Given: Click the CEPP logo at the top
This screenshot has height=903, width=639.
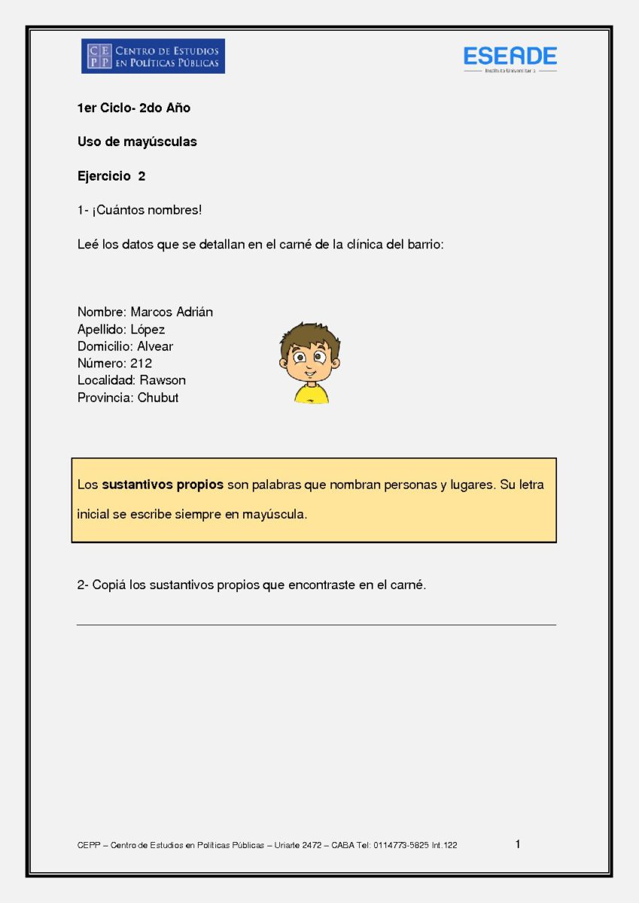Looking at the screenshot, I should (x=153, y=56).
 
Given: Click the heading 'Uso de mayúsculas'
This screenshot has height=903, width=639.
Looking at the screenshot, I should (x=137, y=141).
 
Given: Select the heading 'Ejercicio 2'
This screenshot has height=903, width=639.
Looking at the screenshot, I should (x=111, y=176).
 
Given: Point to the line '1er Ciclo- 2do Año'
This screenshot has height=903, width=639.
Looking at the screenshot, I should (x=134, y=108).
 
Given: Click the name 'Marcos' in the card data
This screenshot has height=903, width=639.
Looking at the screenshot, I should (x=151, y=312).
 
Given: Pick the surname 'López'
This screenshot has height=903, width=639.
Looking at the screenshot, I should (x=148, y=329).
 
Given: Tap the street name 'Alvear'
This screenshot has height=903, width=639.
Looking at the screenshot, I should (x=155, y=346).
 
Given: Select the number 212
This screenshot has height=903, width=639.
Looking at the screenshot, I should (x=141, y=363).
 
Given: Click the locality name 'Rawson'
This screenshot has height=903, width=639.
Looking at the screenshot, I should (x=163, y=380).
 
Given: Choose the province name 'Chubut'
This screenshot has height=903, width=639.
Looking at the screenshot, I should (x=158, y=397).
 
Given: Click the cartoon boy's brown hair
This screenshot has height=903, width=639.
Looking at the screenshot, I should (x=309, y=334).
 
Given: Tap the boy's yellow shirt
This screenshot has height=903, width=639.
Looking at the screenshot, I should (x=311, y=394).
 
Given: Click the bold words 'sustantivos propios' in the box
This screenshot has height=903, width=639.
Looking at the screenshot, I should (x=163, y=485).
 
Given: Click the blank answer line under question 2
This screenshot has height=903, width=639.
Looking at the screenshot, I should (x=316, y=624).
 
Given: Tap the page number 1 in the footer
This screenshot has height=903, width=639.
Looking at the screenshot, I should (x=518, y=844).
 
